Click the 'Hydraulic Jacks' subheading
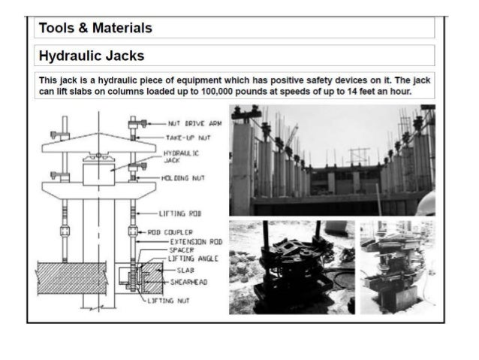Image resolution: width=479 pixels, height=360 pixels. pos(91,56)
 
